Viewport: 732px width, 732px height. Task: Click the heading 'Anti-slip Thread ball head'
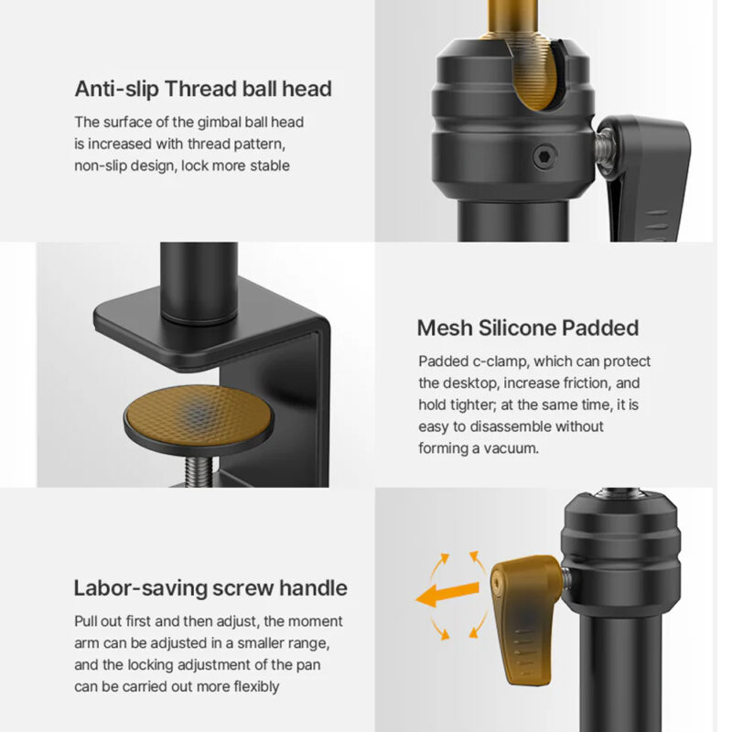pyautogui.click(x=203, y=89)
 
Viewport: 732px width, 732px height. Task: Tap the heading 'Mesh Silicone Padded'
pyautogui.click(x=528, y=328)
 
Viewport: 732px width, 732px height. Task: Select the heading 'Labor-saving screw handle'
pyautogui.click(x=210, y=588)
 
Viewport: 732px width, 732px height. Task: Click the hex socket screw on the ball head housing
pyautogui.click(x=544, y=156)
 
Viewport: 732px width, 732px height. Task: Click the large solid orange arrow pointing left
pyautogui.click(x=447, y=594)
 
